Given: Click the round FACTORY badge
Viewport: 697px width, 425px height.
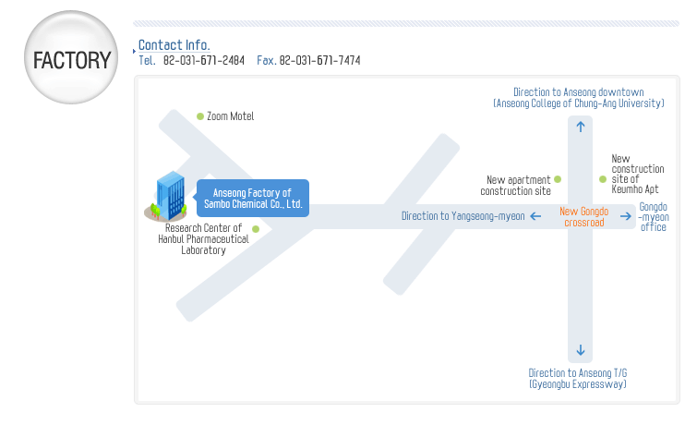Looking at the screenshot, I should click(71, 59).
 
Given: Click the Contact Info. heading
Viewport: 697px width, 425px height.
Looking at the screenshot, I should click(174, 45).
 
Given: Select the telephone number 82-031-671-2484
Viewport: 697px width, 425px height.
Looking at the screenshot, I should click(203, 60).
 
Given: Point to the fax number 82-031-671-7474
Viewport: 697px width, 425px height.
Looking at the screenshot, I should click(319, 60).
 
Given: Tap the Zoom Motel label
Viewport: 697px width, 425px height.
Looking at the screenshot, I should click(230, 116).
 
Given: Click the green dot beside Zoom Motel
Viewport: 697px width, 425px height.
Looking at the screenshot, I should click(200, 116).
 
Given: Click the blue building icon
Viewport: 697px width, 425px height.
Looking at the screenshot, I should click(168, 196).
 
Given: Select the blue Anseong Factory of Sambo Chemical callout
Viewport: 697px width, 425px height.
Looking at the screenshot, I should click(253, 198).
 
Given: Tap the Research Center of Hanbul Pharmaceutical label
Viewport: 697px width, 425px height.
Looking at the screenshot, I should click(203, 238).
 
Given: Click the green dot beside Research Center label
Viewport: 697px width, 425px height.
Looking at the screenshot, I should click(256, 228).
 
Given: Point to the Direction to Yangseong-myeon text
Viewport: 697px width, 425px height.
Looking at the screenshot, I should click(463, 216).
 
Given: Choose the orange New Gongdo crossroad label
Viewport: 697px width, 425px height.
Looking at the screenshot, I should click(583, 216).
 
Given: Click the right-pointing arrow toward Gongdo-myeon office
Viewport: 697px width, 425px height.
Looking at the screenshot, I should click(625, 216).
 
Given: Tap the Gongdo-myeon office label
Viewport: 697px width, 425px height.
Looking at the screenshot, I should click(654, 216).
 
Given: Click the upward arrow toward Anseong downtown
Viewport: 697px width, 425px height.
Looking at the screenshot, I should click(580, 127).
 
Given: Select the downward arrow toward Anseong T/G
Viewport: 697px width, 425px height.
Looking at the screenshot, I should click(580, 350).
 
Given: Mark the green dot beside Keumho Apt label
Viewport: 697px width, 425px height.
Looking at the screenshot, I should click(603, 178).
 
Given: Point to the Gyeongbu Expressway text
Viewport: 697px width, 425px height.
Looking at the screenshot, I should click(577, 383).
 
